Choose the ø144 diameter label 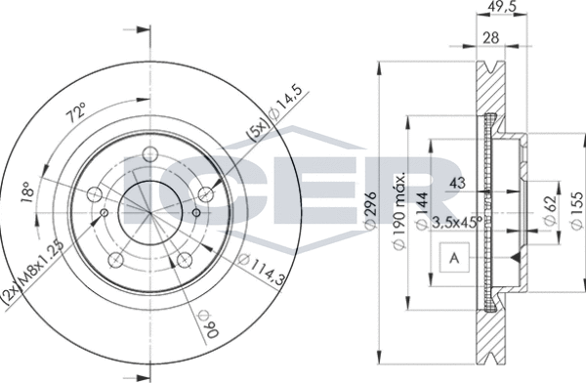coord(422,208)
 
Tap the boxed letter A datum coord(454,259)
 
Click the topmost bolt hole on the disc coord(149,152)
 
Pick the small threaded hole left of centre coord(104,209)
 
